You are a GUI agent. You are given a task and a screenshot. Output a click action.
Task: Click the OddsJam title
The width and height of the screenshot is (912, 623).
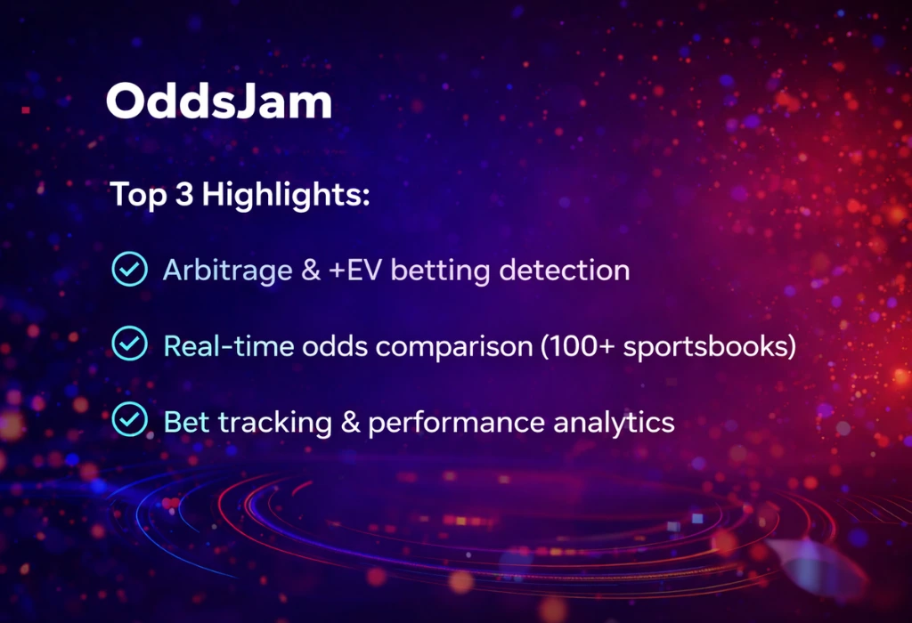coord(219,103)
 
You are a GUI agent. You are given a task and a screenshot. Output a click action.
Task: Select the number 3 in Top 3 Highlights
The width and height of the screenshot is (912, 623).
coord(184,195)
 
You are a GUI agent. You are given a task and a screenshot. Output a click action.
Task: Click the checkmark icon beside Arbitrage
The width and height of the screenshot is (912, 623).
coord(129,269)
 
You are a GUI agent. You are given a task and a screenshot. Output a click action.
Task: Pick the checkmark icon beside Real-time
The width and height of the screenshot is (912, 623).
coord(129,344)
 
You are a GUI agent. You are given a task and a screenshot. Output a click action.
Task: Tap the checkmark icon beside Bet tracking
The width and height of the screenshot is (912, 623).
coord(129,420)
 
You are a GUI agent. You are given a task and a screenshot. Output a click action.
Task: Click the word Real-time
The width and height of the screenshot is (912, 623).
coord(228,345)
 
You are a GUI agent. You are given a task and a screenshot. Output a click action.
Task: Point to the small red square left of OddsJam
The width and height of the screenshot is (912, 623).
coord(26,109)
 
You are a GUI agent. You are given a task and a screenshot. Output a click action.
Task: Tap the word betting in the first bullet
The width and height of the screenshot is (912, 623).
coord(441,271)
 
